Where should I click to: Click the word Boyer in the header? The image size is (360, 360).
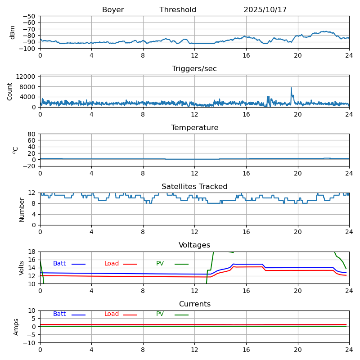click(x=113, y=10)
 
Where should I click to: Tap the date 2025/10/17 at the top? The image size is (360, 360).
click(x=265, y=10)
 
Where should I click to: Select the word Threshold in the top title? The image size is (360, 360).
click(x=178, y=10)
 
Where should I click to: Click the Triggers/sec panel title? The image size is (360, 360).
click(x=194, y=69)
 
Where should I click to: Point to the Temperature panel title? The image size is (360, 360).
click(x=194, y=128)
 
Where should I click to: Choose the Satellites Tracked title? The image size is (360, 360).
click(x=194, y=187)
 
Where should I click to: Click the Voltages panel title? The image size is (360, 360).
click(x=194, y=245)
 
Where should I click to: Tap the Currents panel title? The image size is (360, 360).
click(x=194, y=304)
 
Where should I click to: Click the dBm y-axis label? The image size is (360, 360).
click(x=13, y=32)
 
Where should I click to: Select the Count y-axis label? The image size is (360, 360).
click(x=10, y=91)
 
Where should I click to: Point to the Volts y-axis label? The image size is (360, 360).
click(x=22, y=268)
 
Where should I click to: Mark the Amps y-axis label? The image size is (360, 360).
click(x=16, y=327)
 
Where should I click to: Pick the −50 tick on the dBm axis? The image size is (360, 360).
click(x=30, y=16)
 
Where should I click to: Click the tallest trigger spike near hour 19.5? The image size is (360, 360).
click(x=291, y=88)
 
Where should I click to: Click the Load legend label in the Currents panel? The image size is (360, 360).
click(x=112, y=314)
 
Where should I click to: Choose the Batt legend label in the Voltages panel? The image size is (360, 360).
click(x=59, y=264)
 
